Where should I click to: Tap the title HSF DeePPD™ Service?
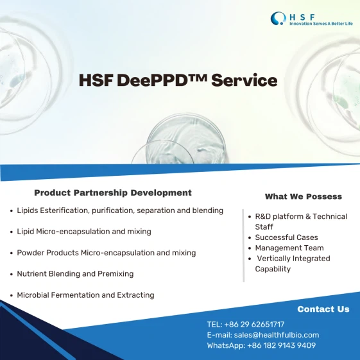point(178,80)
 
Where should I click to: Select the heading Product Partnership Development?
point(113,193)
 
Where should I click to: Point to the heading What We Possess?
point(304,196)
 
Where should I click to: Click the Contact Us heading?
point(323,309)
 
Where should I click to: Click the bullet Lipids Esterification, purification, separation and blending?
point(120,210)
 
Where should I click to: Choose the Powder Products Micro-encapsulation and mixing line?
point(107,253)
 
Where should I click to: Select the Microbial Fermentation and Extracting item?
point(85,295)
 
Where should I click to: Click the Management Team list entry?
point(289,248)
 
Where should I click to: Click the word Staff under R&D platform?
point(264,227)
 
